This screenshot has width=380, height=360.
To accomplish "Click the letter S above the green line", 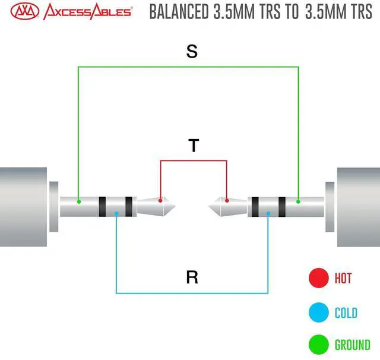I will pyautogui.click(x=192, y=52).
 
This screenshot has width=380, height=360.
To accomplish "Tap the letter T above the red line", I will pyautogui.click(x=194, y=146).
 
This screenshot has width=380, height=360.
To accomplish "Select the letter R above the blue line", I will pyautogui.click(x=192, y=277).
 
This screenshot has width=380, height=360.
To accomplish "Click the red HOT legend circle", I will pyautogui.click(x=319, y=277).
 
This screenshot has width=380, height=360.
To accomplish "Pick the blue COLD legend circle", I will pyautogui.click(x=319, y=311).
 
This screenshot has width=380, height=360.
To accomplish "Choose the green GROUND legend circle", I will pyautogui.click(x=319, y=345).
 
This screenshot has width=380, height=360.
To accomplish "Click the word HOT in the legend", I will pyautogui.click(x=343, y=277).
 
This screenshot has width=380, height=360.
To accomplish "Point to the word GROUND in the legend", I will pyautogui.click(x=352, y=345).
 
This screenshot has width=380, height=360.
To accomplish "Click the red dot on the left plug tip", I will pyautogui.click(x=160, y=201).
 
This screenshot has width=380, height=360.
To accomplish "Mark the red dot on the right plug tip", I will pyautogui.click(x=227, y=201).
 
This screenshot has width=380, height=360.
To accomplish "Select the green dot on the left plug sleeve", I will pyautogui.click(x=78, y=202).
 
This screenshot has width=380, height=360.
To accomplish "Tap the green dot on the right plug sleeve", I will pyautogui.click(x=299, y=202).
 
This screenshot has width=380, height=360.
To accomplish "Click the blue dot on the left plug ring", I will pyautogui.click(x=116, y=214).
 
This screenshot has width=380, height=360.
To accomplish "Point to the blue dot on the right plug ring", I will pyautogui.click(x=268, y=214).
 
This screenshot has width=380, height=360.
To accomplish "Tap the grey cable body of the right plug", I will pyautogui.click(x=359, y=206).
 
